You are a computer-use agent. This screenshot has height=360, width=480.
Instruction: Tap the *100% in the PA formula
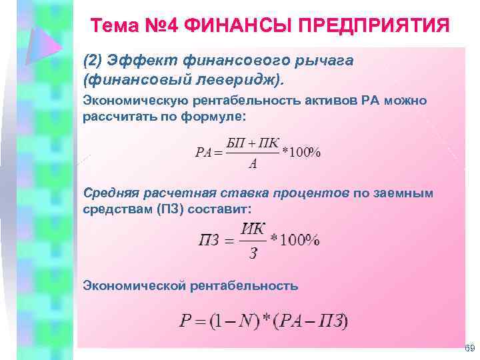(301, 152)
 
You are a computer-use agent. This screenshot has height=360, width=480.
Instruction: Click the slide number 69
(469, 349)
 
